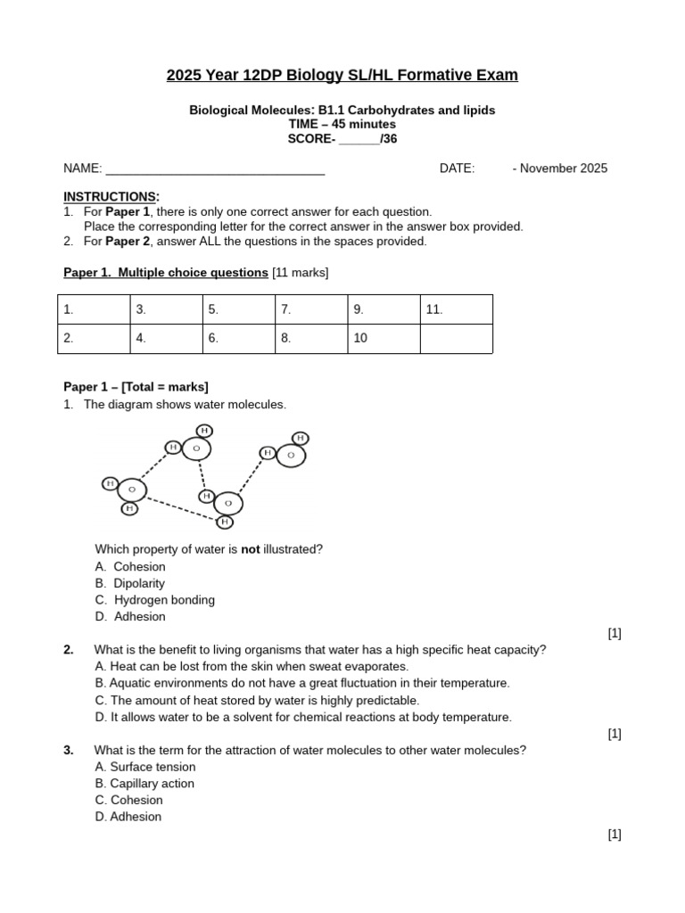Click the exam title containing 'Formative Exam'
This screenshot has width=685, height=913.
(342, 76)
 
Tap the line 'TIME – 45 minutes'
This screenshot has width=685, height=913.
(342, 124)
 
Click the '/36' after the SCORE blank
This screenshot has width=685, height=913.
(388, 139)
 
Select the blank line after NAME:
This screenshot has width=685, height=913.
(215, 169)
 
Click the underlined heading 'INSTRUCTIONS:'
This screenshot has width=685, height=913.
(111, 196)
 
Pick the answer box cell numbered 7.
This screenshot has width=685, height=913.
(311, 309)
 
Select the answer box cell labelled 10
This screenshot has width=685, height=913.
(384, 339)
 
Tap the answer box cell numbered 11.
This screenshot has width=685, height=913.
(456, 309)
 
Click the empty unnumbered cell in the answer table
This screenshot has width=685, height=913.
(456, 339)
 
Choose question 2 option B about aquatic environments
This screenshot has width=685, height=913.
(302, 683)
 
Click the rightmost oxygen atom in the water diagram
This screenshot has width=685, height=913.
(291, 456)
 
